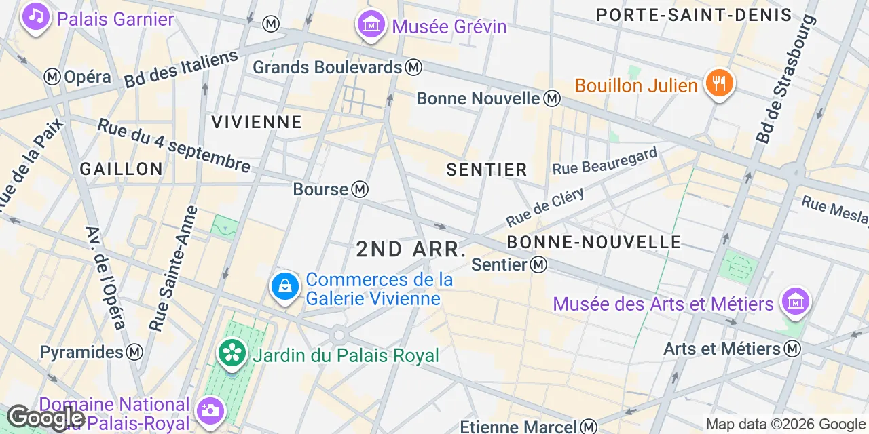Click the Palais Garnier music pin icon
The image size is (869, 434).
35,16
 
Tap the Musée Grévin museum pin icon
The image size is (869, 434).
371,24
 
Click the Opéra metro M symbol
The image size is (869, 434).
53,77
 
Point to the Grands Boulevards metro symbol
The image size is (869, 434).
413,67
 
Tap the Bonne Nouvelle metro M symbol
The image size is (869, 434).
552,98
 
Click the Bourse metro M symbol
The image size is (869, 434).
360,189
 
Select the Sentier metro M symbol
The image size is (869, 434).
538,264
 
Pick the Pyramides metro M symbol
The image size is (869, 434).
135,352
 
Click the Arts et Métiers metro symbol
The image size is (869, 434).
792,349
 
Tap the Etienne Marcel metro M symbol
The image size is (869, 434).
589,427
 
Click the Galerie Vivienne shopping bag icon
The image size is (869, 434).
285,286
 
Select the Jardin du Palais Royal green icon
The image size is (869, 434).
232,352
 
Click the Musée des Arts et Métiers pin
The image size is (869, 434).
794,299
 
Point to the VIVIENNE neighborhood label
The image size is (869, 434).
257,122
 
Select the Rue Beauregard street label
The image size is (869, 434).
606,161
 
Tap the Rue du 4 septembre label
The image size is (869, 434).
174,145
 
